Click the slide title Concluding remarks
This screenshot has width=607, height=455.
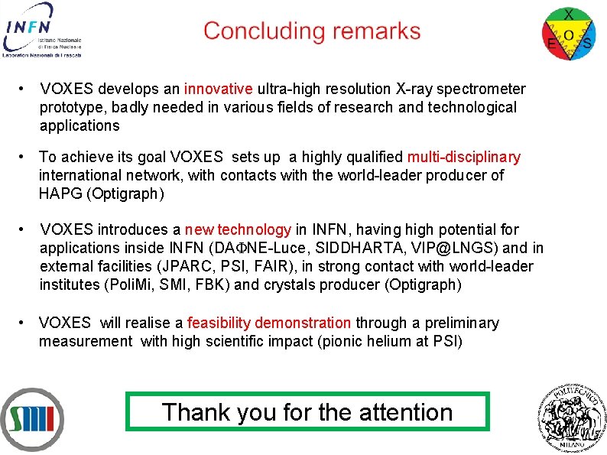[x=312, y=31]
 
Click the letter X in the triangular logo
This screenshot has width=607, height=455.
[x=569, y=15]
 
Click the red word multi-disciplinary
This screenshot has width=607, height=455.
[x=463, y=158]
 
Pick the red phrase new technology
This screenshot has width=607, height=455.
[x=238, y=230]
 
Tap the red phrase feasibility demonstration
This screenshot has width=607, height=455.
[x=269, y=323]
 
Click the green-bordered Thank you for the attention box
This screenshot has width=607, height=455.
[x=307, y=412]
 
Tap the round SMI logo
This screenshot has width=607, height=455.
[x=32, y=420]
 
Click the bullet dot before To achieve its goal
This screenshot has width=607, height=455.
[x=25, y=158]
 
